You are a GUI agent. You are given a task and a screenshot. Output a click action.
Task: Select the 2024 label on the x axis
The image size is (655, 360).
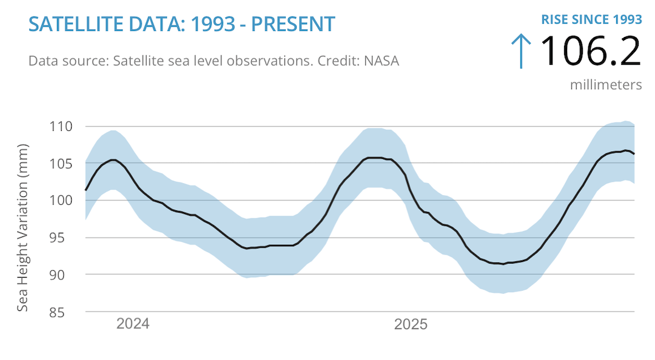coord(133,324)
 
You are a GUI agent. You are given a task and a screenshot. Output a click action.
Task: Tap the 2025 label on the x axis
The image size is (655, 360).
coord(411,324)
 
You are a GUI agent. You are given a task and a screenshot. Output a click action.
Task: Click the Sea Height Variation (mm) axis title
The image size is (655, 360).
coord(22,228)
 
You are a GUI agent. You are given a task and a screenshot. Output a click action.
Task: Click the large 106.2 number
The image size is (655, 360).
coord(589,52)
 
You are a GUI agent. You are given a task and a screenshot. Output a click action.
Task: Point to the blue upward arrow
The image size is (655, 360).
coord(520,51)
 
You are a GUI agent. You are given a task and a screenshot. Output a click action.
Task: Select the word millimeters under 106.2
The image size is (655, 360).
coord(605,84)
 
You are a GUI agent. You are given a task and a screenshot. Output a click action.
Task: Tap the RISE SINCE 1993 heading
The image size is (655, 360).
coord(591,19)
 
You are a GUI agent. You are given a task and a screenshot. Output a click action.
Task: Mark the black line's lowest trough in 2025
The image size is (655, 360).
coord(503,264)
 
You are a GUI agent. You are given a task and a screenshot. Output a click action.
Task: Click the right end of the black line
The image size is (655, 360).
coord(634,154)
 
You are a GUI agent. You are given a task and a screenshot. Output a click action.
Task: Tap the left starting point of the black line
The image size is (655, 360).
coord(86,190)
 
